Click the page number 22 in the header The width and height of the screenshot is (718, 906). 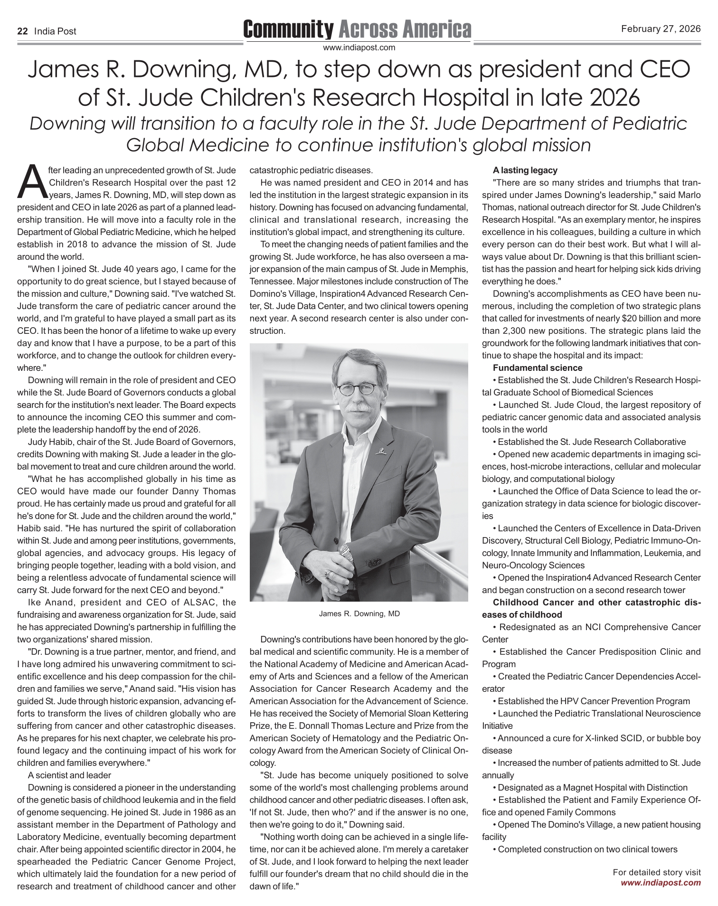click(x=22, y=31)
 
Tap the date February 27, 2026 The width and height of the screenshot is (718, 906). click(x=661, y=29)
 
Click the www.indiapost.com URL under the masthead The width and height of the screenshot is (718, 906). click(x=359, y=47)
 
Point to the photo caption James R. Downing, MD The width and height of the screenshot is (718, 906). click(x=359, y=614)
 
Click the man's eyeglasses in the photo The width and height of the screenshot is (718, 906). click(x=359, y=389)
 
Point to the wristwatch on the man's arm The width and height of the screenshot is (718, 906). click(x=345, y=552)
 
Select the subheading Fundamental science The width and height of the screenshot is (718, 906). click(x=538, y=368)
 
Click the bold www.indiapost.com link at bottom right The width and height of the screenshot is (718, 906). click(x=661, y=883)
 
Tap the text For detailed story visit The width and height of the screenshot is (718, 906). click(x=657, y=872)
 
